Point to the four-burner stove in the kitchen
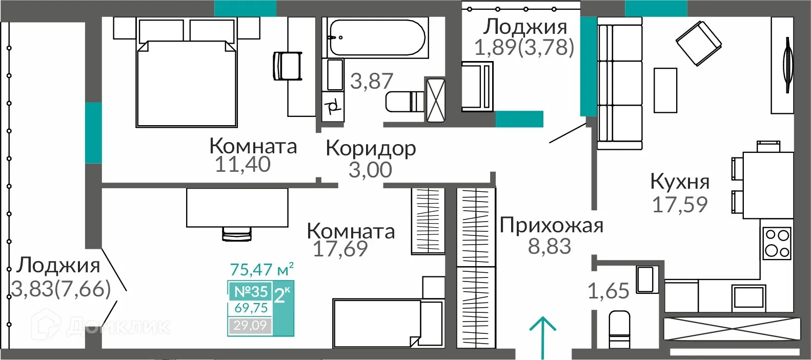(777, 243)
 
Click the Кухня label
(680, 182)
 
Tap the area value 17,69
(340, 249)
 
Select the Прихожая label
(551, 226)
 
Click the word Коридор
(371, 148)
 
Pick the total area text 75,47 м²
(261, 269)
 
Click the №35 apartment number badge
(251, 291)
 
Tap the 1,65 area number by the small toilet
(608, 291)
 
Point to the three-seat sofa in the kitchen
(620, 84)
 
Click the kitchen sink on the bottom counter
(748, 297)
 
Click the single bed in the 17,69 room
(387, 323)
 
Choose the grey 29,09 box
(250, 325)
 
